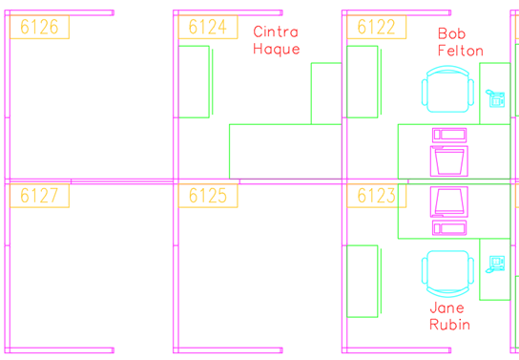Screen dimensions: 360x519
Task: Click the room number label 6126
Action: pos(39,27)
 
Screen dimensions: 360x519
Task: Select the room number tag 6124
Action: pos(207,27)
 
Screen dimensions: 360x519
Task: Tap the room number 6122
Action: pos(376,27)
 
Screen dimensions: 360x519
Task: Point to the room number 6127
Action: pos(39,196)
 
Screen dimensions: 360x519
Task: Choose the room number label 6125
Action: pos(207,196)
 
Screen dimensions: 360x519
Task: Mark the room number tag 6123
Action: pos(376,196)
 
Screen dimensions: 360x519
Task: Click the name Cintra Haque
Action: pos(276,41)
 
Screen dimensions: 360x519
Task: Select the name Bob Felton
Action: pos(460,42)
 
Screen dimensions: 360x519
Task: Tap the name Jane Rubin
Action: pos(448,316)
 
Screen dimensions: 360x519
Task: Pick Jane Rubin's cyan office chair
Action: pos(447,273)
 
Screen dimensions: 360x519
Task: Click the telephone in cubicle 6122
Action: pos(496,97)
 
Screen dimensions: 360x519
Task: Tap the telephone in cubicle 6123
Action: pos(496,263)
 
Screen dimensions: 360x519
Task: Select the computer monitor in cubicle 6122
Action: pos(448,159)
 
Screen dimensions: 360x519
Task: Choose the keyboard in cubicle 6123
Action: pos(448,227)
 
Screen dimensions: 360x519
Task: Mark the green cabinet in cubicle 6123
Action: pos(363,281)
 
